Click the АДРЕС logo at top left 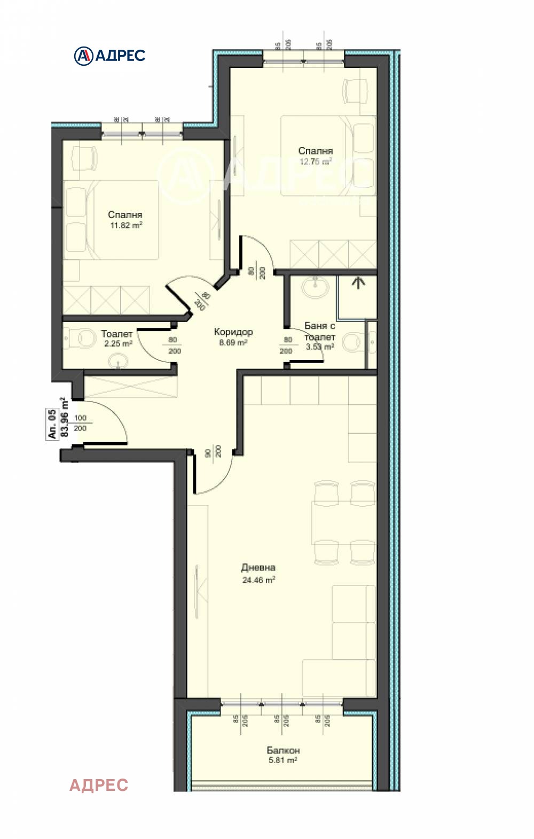click(x=109, y=56)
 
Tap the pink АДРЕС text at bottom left click(x=99, y=784)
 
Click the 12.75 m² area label click(x=315, y=161)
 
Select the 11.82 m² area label click(x=126, y=225)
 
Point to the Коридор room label click(x=233, y=332)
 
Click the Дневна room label click(x=258, y=567)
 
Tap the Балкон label click(x=283, y=750)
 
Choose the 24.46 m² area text click(x=258, y=580)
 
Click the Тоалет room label click(x=117, y=334)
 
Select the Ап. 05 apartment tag click(x=52, y=424)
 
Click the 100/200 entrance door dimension click(x=80, y=423)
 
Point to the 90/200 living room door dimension click(x=213, y=451)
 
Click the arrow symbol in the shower click(x=358, y=282)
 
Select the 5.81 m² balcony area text click(x=283, y=760)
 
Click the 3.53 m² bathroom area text click(x=319, y=347)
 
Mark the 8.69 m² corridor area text click(x=233, y=342)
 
